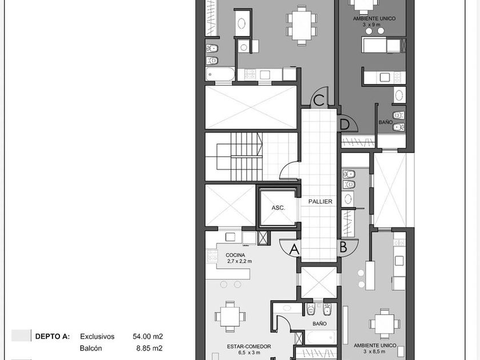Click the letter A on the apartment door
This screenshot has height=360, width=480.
point(294,249)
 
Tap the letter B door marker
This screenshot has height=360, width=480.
point(343,247)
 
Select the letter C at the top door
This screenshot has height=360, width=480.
point(319,100)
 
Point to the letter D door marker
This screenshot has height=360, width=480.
point(345,125)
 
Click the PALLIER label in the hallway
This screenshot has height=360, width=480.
point(320,201)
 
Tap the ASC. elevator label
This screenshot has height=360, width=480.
point(278,208)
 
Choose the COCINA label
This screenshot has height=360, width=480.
point(235,255)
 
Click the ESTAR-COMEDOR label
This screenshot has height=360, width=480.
point(249,346)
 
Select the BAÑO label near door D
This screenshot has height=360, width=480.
point(385,122)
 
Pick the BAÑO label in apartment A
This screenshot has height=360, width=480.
point(319,323)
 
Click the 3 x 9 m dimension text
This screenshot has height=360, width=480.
point(371,25)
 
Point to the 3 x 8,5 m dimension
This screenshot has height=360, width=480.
point(375,352)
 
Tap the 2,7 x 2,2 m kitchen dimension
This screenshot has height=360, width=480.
point(239,262)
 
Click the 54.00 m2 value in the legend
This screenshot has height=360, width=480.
point(148,337)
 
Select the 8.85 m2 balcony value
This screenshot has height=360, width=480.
point(150,348)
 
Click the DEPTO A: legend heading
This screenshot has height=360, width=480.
point(53,337)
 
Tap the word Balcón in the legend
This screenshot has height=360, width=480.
point(91,348)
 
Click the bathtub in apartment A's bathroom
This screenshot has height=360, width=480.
point(321,338)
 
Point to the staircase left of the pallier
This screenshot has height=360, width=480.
point(234,157)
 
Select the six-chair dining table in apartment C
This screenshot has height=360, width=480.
point(302,25)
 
